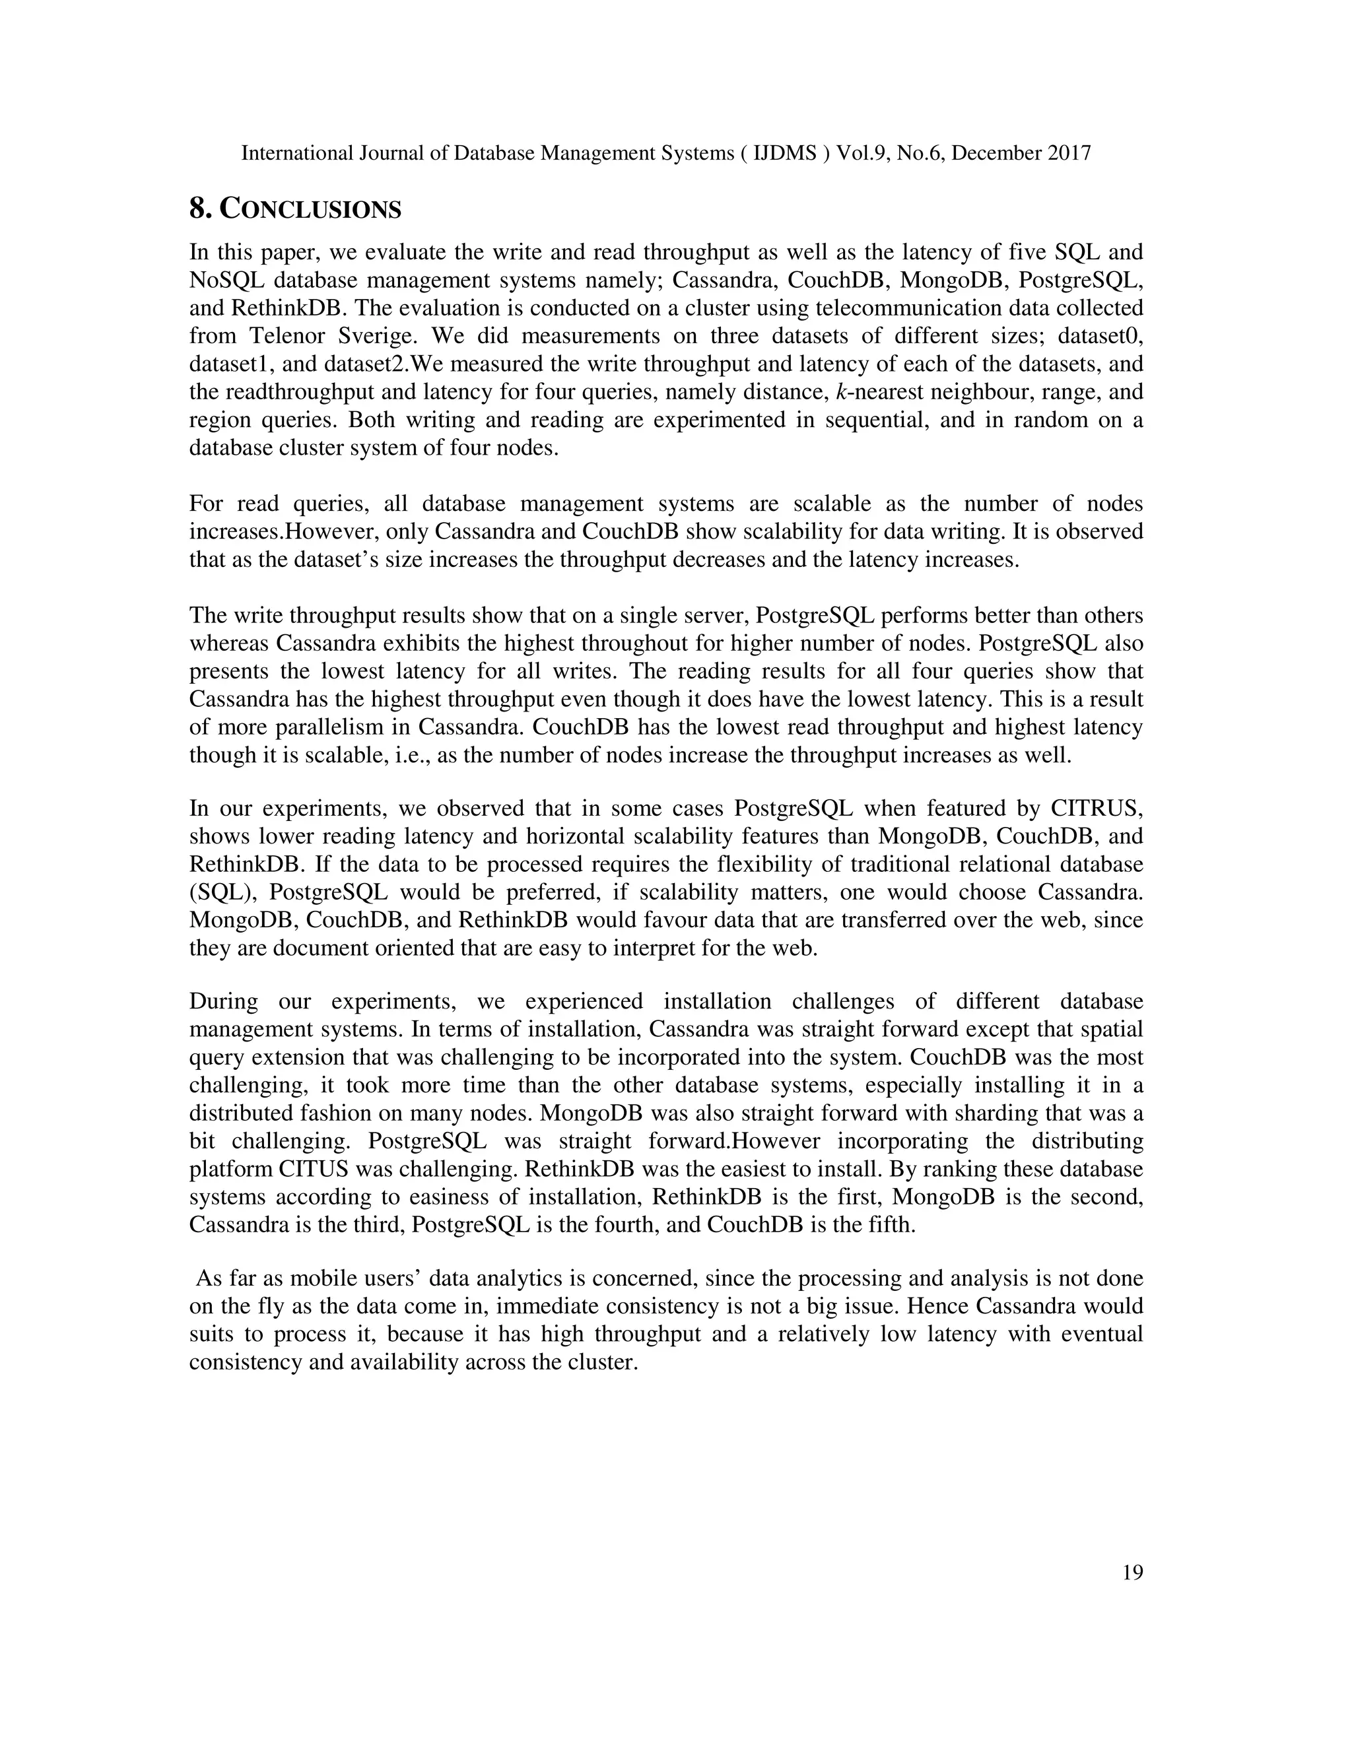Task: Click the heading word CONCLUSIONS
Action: (310, 209)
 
